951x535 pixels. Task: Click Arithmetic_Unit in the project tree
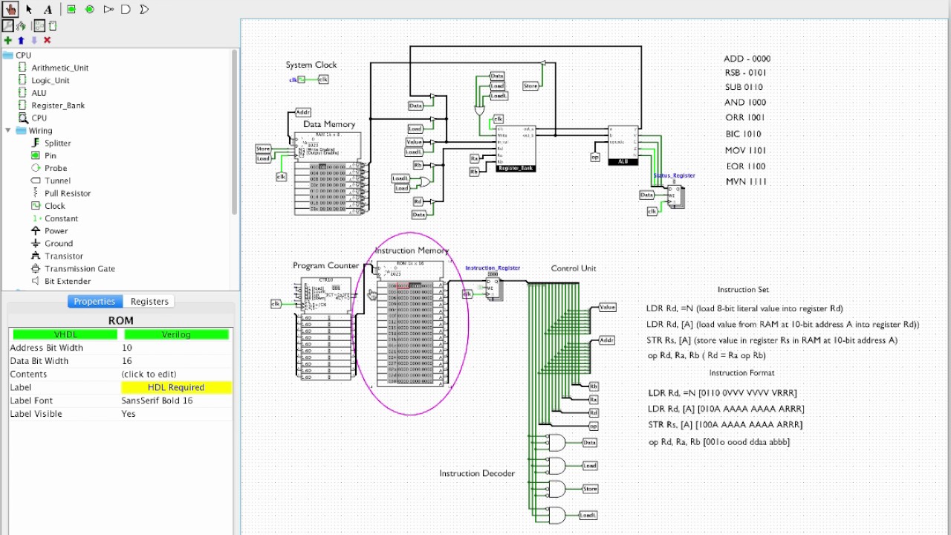59,68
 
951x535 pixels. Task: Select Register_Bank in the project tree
57,106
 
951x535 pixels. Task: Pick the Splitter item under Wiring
57,143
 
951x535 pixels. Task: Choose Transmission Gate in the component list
79,269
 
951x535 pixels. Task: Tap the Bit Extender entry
68,282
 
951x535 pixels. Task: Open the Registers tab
149,302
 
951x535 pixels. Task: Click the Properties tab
94,302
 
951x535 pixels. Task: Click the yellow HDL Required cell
176,387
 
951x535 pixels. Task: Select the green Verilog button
176,334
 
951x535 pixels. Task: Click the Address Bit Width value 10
127,348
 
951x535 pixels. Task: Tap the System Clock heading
311,65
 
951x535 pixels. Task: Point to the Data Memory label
329,124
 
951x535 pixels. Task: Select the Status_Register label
674,176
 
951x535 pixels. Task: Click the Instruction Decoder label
477,473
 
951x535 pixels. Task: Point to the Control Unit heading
574,268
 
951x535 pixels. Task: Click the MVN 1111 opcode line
747,182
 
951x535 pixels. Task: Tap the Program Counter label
325,265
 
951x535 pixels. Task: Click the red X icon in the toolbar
48,40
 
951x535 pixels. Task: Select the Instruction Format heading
741,373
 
